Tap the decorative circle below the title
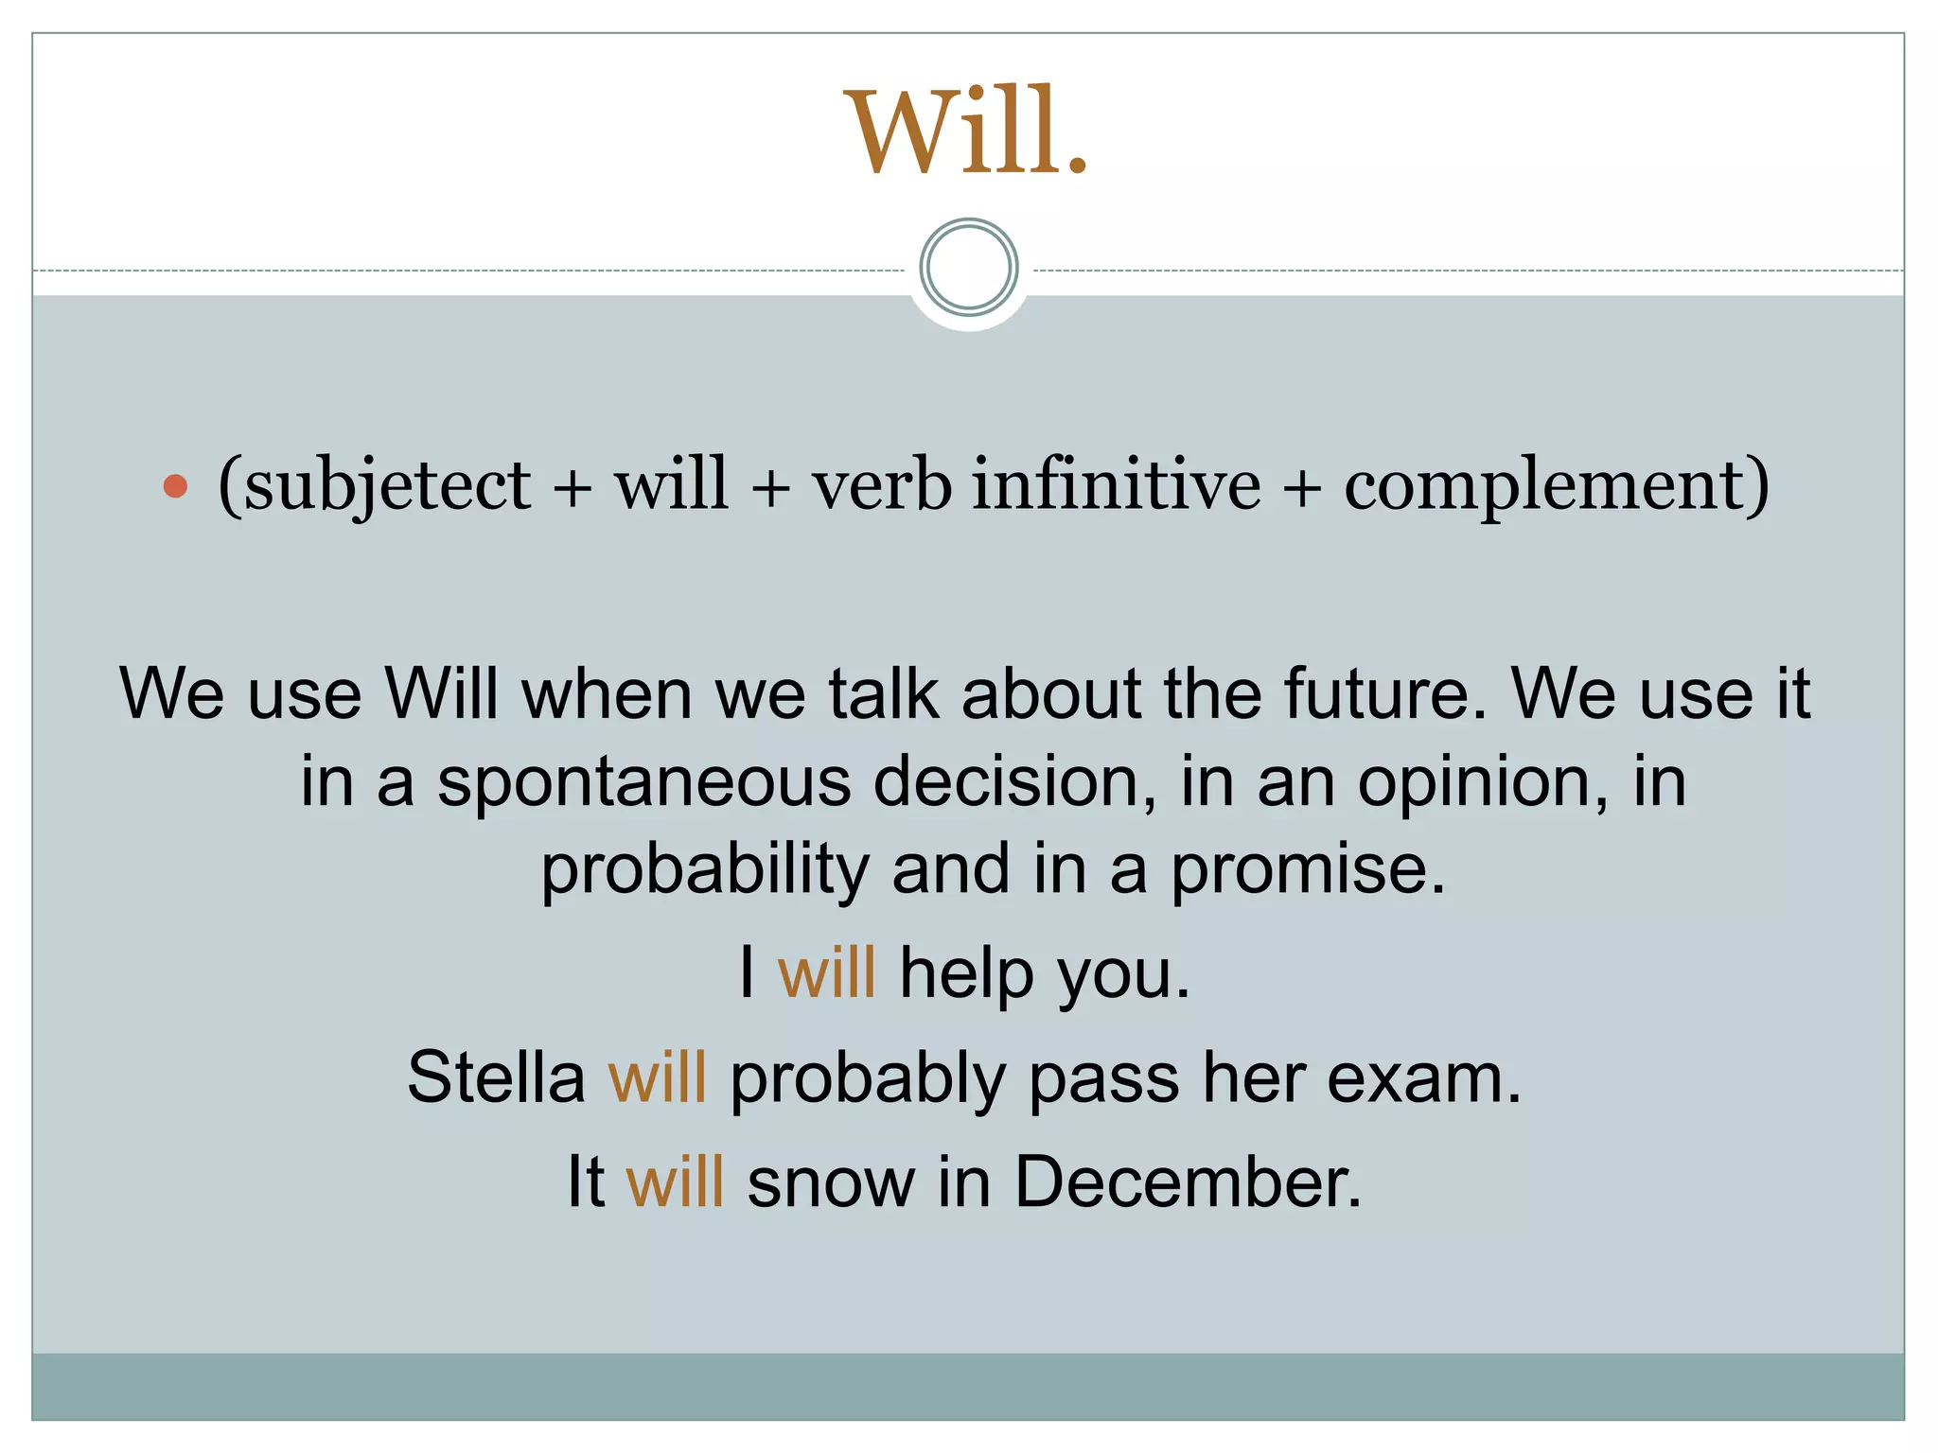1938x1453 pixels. click(x=968, y=267)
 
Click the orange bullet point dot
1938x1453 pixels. click(x=175, y=486)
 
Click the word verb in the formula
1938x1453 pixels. click(x=882, y=484)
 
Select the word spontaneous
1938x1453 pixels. click(x=643, y=783)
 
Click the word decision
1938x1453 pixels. click(x=1013, y=781)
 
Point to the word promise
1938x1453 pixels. click(x=1308, y=870)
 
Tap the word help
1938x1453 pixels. click(x=965, y=974)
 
